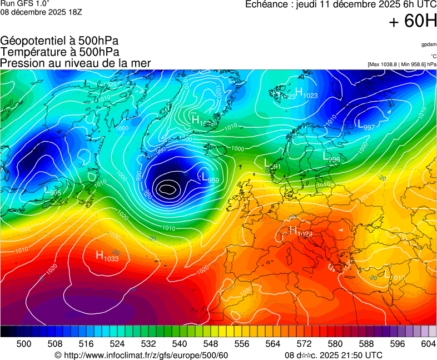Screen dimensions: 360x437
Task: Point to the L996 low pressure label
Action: click(331, 158)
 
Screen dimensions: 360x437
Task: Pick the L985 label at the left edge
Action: click(53, 191)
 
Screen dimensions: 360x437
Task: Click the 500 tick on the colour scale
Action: click(23, 344)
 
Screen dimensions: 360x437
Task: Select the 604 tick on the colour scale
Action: click(428, 344)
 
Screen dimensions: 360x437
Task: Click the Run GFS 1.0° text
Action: click(24, 4)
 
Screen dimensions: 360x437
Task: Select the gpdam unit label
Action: click(428, 44)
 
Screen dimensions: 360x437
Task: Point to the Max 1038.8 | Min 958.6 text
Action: click(402, 64)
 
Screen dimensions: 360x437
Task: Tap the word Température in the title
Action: click(33, 52)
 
